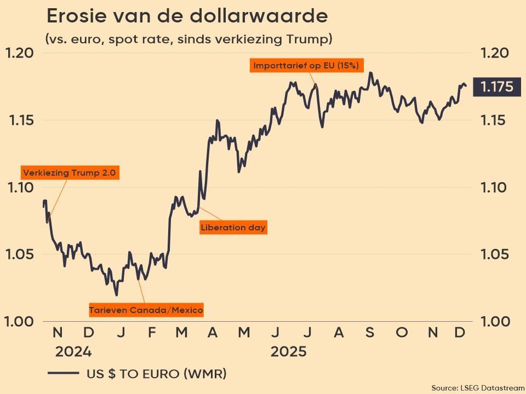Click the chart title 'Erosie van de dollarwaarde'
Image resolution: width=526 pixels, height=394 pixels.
coord(187,16)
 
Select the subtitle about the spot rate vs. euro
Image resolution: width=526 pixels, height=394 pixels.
coord(188,39)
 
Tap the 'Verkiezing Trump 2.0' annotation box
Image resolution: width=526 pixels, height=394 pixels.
coord(70,173)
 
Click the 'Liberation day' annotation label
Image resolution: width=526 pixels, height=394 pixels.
coord(233,227)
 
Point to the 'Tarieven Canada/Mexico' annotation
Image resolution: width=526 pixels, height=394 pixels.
coord(146,310)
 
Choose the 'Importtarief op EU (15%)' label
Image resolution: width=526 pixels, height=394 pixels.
coord(306,66)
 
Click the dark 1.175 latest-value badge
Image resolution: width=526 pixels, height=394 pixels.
coord(496,87)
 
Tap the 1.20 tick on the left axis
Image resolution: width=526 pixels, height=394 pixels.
coord(20,53)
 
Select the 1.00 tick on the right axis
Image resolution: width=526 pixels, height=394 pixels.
coord(495,322)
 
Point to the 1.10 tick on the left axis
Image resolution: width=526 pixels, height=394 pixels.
coord(20,188)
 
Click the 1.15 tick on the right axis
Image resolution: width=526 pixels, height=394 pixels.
coord(495,120)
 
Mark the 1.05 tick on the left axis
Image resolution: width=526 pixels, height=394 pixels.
coord(20,255)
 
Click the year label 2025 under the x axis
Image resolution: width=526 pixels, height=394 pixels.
coord(289,351)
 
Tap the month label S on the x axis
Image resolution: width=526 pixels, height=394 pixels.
coord(370,332)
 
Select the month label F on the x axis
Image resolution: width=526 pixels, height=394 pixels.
coord(152,332)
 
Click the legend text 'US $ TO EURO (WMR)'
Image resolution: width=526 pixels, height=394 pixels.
coord(157,374)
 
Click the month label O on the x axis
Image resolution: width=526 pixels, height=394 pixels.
coord(402,332)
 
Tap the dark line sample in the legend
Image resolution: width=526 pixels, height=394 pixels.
coord(64,374)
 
